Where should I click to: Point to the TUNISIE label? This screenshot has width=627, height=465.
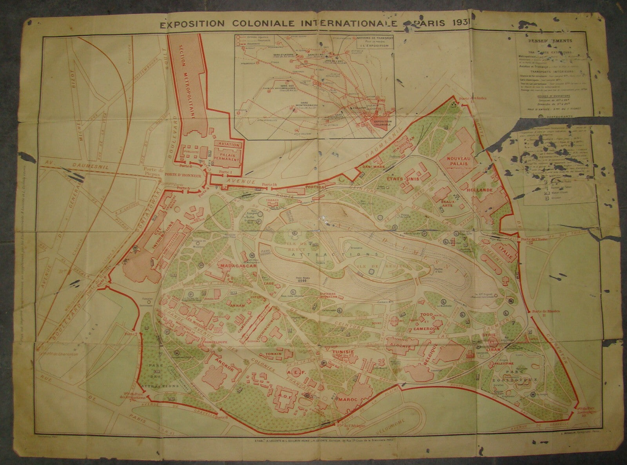tap(343, 352)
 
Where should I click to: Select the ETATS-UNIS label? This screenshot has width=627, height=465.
tap(397, 179)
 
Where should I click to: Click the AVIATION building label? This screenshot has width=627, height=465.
tap(230, 145)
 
